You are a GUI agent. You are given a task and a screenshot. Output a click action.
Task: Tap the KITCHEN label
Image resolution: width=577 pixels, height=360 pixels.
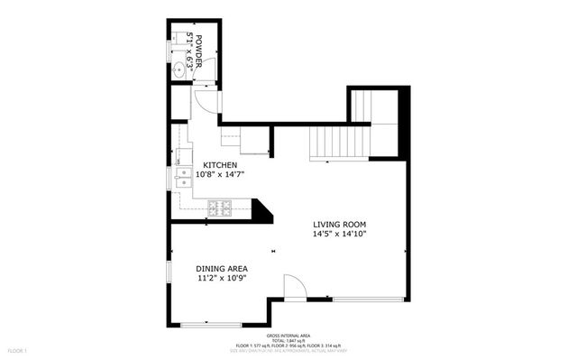click(x=220, y=164)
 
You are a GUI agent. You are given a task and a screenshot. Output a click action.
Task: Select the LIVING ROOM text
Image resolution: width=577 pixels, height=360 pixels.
click(x=340, y=224)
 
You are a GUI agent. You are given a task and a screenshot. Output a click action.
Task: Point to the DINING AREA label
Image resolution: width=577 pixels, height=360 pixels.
click(x=222, y=269)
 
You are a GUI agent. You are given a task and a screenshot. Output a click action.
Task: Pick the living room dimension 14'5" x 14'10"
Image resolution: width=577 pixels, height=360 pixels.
click(x=340, y=234)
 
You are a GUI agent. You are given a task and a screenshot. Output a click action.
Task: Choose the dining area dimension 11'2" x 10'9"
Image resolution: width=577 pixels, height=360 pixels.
click(x=222, y=278)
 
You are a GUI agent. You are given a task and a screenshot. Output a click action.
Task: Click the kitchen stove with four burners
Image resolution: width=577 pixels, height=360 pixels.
click(x=219, y=208)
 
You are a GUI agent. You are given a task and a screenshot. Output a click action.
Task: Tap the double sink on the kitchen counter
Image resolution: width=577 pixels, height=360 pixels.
click(x=183, y=178)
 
